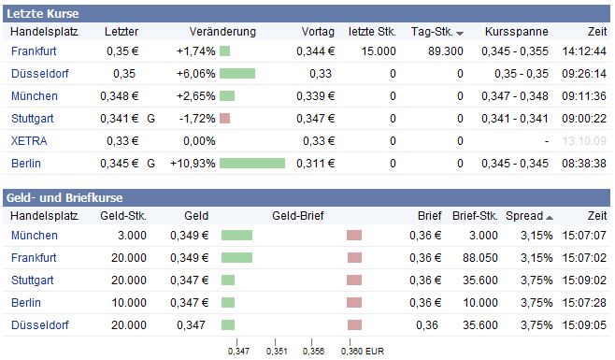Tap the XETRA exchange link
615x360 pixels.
click(x=29, y=141)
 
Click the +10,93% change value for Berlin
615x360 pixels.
click(x=193, y=164)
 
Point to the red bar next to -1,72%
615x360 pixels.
click(x=224, y=119)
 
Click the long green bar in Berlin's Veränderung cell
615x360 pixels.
click(x=252, y=164)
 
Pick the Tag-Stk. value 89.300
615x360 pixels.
click(x=446, y=50)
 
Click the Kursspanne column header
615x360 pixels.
click(x=510, y=32)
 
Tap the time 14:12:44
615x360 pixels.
click(x=584, y=50)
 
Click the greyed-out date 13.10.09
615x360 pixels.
click(x=585, y=141)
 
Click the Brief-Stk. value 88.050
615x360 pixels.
click(x=477, y=257)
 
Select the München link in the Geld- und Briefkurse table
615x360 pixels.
click(x=35, y=235)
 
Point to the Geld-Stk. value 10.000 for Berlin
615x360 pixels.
click(x=128, y=302)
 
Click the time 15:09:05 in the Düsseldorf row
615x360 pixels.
click(x=584, y=324)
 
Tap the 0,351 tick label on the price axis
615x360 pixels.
click(x=276, y=352)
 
